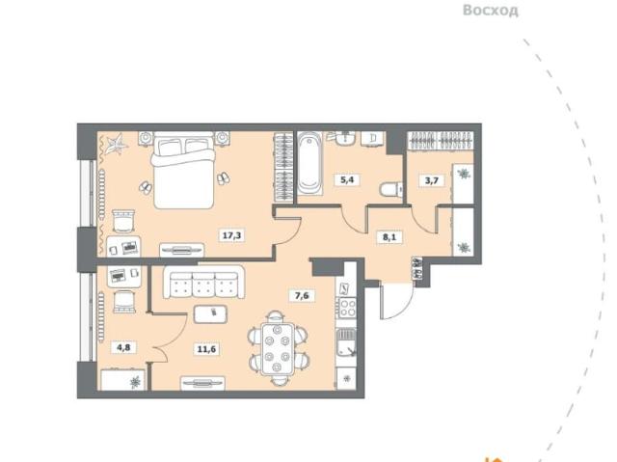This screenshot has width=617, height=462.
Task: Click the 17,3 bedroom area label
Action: pyautogui.click(x=231, y=235)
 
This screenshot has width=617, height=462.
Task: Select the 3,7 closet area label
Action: pyautogui.click(x=432, y=180)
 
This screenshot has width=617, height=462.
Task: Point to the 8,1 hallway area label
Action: pyautogui.click(x=389, y=237)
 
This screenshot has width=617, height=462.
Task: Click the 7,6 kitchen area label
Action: pyautogui.click(x=302, y=295)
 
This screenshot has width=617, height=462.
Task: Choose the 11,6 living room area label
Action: pyautogui.click(x=207, y=348)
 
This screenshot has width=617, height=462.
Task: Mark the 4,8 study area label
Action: pyautogui.click(x=123, y=347)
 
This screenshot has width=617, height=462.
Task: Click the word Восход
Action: pyautogui.click(x=491, y=11)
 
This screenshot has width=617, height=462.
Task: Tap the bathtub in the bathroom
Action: pyautogui.click(x=309, y=163)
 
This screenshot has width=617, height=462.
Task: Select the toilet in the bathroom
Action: pyautogui.click(x=390, y=190)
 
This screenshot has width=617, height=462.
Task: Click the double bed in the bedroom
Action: pyautogui.click(x=184, y=170)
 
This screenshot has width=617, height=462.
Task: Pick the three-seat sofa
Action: pyautogui.click(x=203, y=283)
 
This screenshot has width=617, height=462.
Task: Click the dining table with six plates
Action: pyautogui.click(x=278, y=348)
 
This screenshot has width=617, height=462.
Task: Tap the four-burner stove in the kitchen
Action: pyautogui.click(x=347, y=308)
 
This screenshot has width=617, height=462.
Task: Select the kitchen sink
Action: pyautogui.click(x=346, y=343)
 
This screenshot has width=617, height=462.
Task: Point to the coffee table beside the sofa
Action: pyautogui.click(x=210, y=314)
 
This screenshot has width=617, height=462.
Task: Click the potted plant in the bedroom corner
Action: pyautogui.click(x=117, y=145)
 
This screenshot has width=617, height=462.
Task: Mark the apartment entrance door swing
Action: pyautogui.click(x=396, y=300)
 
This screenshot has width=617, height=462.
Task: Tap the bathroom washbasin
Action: pyautogui.click(x=346, y=139)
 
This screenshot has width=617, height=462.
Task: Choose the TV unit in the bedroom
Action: pyautogui.click(x=182, y=250)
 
